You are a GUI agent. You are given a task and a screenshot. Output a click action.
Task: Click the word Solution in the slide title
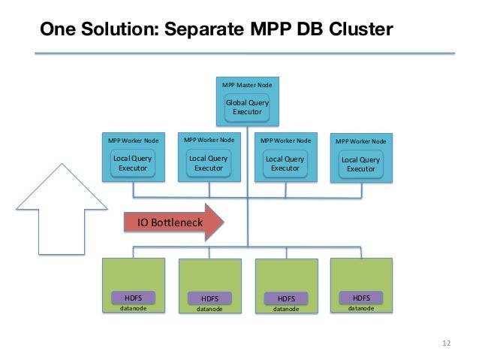point(120,29)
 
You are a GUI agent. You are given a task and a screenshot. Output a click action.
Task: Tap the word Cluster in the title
point(361,29)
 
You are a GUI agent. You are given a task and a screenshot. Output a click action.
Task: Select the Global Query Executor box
point(247,107)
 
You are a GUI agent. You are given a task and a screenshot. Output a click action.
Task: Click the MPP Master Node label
point(247,85)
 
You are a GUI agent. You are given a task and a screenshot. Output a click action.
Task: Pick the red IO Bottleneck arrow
point(174,222)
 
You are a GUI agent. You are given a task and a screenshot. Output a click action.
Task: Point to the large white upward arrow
point(62,209)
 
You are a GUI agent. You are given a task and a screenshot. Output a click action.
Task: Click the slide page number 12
point(446,343)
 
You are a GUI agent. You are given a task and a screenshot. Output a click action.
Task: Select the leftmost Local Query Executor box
point(133,163)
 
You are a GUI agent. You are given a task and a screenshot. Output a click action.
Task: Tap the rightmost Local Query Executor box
point(361,164)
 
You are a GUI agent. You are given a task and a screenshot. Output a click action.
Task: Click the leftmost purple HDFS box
point(133,298)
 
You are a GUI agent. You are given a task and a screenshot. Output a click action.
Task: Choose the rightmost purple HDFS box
point(361,298)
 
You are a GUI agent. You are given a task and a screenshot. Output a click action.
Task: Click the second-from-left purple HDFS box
point(209,298)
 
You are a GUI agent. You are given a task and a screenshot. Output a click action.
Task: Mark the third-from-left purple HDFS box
point(286,298)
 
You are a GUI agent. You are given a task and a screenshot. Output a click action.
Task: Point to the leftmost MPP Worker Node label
point(133,141)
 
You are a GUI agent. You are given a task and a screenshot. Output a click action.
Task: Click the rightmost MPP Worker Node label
point(361,141)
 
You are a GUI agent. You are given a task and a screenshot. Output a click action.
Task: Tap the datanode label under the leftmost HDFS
point(133,308)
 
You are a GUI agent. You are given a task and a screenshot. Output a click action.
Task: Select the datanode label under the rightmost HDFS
point(361,308)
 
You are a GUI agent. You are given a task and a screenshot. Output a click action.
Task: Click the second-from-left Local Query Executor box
point(209,163)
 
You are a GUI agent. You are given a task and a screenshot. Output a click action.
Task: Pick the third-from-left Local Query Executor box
point(285,164)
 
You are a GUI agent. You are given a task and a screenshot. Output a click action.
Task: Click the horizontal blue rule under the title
point(245,53)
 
